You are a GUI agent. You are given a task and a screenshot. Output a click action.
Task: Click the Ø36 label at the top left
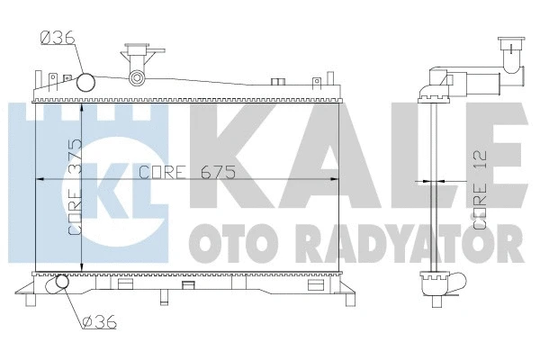click(55, 37)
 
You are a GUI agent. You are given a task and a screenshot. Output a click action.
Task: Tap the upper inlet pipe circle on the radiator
click(86, 83)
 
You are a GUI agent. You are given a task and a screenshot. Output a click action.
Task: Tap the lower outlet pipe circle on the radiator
click(60, 284)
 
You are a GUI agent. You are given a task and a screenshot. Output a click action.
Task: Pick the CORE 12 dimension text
click(479, 189)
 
